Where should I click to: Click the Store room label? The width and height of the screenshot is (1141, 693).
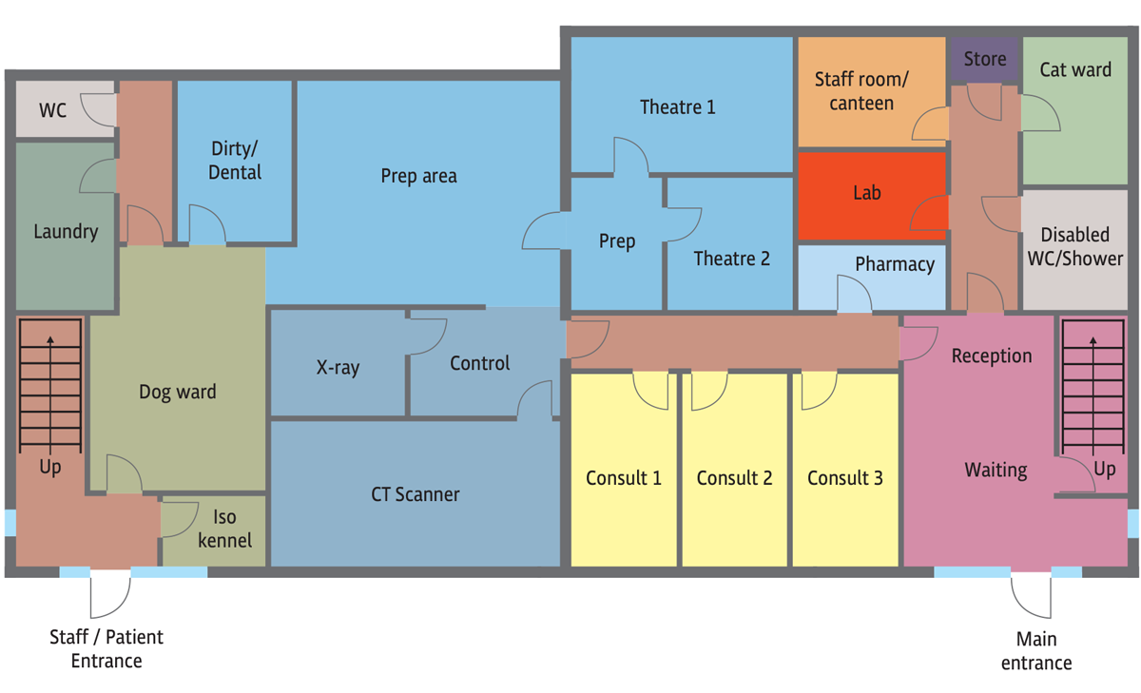click(985, 59)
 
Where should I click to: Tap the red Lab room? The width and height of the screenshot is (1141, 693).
click(872, 196)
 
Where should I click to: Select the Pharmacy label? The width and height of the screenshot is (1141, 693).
click(895, 264)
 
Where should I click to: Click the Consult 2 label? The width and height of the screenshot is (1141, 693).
click(734, 478)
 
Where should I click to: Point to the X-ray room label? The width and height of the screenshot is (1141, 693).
click(338, 367)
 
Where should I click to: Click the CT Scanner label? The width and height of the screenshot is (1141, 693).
click(416, 494)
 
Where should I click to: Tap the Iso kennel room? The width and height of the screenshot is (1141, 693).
click(214, 530)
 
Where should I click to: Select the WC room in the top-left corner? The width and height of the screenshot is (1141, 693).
click(65, 108)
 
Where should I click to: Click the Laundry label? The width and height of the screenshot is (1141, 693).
click(66, 232)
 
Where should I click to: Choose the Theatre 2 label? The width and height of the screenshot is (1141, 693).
click(731, 259)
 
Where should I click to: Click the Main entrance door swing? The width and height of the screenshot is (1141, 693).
click(1031, 595)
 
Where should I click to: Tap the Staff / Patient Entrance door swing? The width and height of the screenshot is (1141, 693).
click(110, 593)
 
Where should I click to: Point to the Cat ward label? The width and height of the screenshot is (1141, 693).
click(1075, 69)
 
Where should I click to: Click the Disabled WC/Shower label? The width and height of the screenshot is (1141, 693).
click(1074, 247)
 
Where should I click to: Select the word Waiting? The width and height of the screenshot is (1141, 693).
click(996, 471)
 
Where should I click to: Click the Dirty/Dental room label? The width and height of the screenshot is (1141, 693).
click(235, 161)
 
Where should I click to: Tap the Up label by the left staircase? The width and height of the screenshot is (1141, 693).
click(49, 468)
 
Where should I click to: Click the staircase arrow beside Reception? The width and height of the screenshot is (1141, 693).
click(1093, 395)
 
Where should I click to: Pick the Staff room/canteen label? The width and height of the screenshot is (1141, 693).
click(861, 91)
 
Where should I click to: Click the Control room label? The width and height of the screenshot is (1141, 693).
click(479, 363)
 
